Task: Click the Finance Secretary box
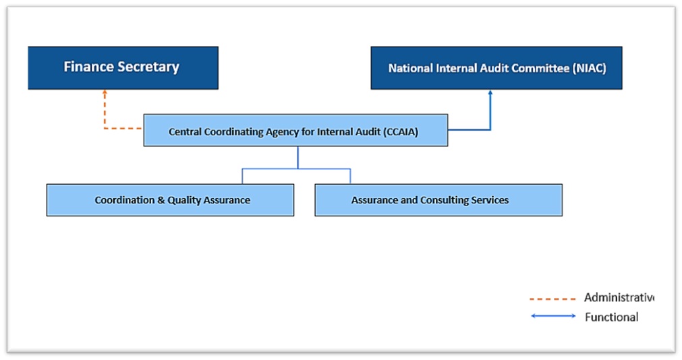click(123, 67)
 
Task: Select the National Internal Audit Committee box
click(496, 67)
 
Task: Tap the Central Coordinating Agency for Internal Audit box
click(295, 131)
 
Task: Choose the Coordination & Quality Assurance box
click(170, 200)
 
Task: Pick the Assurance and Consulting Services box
click(438, 200)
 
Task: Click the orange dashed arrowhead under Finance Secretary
click(105, 92)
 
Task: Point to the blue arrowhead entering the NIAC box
click(490, 92)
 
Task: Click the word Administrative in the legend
click(618, 297)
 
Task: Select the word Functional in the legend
click(611, 317)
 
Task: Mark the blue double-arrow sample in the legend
click(553, 316)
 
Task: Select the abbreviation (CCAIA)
click(400, 132)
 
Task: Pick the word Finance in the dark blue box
click(88, 67)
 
